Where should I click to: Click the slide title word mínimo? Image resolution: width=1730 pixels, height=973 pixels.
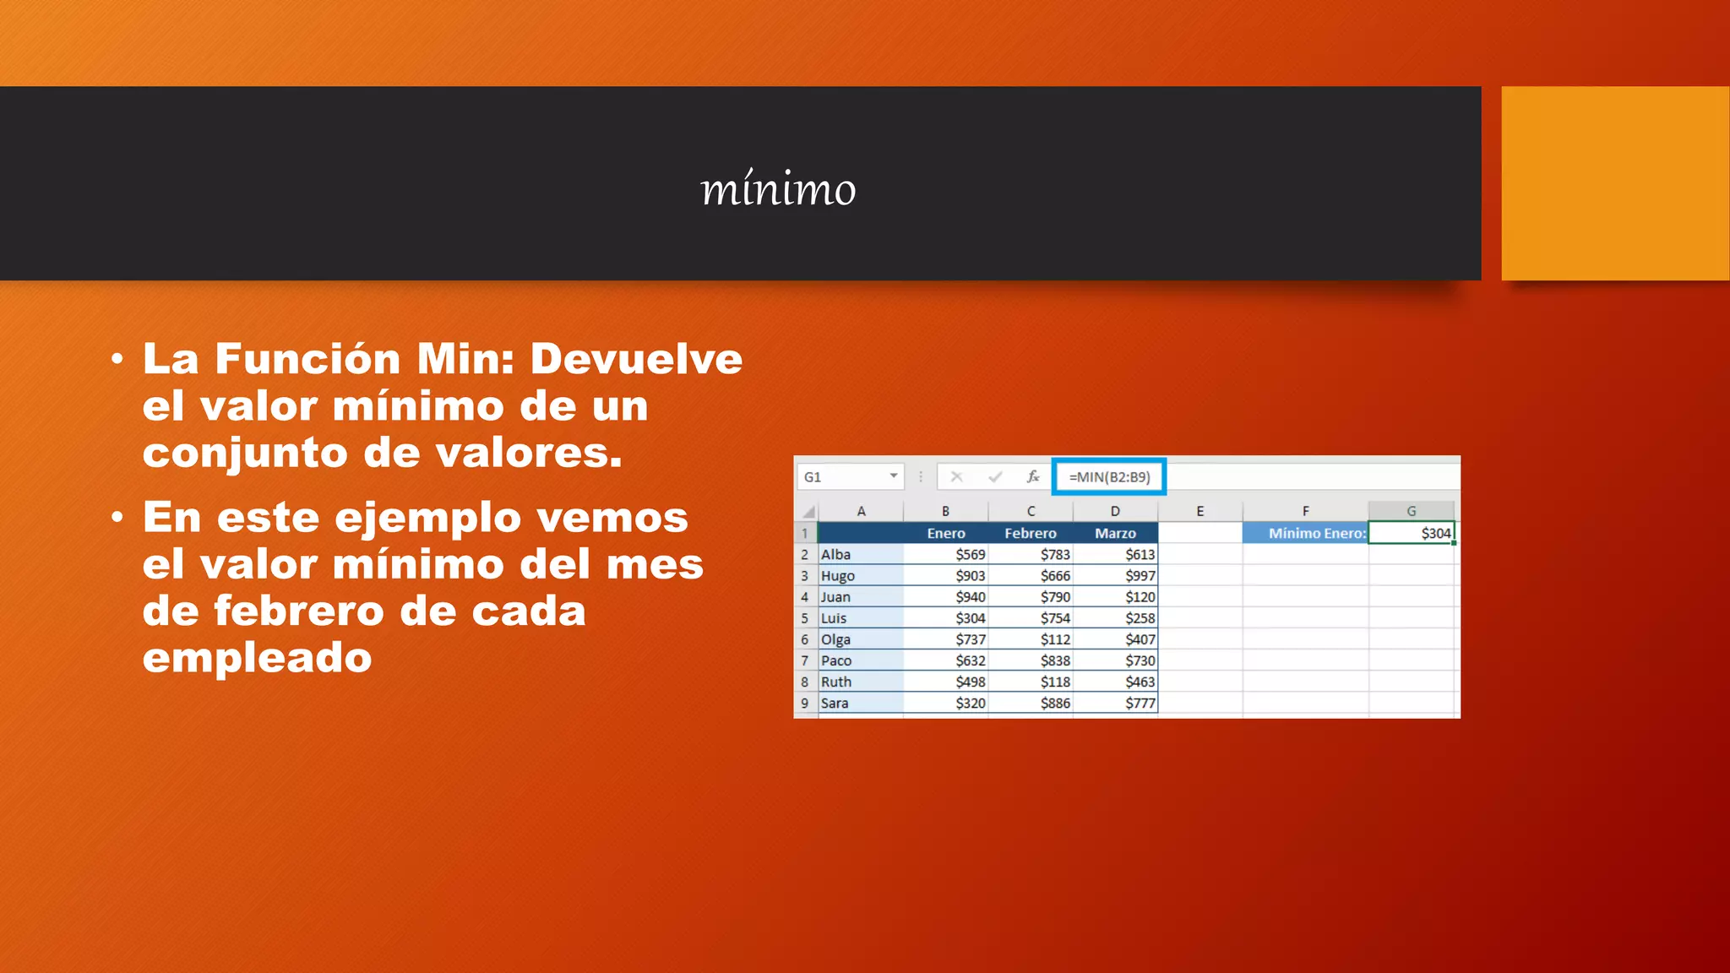point(778,189)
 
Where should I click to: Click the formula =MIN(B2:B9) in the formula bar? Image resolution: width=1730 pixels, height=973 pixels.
point(1109,477)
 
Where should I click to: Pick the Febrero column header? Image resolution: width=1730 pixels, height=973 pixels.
point(1030,533)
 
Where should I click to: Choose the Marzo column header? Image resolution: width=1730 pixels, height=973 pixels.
point(1115,533)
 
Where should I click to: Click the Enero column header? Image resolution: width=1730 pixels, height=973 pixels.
point(945,533)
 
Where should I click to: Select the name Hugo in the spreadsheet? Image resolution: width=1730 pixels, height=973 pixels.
point(838,576)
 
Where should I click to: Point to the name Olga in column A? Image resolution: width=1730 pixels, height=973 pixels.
point(835,639)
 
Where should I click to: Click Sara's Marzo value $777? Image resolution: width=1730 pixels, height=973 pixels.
point(1140,703)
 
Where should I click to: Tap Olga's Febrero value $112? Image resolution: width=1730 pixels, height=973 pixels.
point(1055,639)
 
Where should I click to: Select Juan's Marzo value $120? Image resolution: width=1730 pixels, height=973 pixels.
point(1140,597)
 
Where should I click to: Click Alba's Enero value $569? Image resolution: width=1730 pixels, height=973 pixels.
point(970,555)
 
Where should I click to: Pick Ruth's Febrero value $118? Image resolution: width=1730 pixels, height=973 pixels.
point(1055,682)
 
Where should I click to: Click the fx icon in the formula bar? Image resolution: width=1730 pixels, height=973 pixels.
point(1032,477)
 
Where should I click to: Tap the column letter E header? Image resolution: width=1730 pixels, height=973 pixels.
point(1200,511)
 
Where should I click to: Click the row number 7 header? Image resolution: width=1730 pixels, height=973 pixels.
point(805,660)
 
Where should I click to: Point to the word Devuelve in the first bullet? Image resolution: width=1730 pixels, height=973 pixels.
point(636,359)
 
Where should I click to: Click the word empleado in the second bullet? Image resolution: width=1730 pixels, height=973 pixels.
point(257,658)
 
